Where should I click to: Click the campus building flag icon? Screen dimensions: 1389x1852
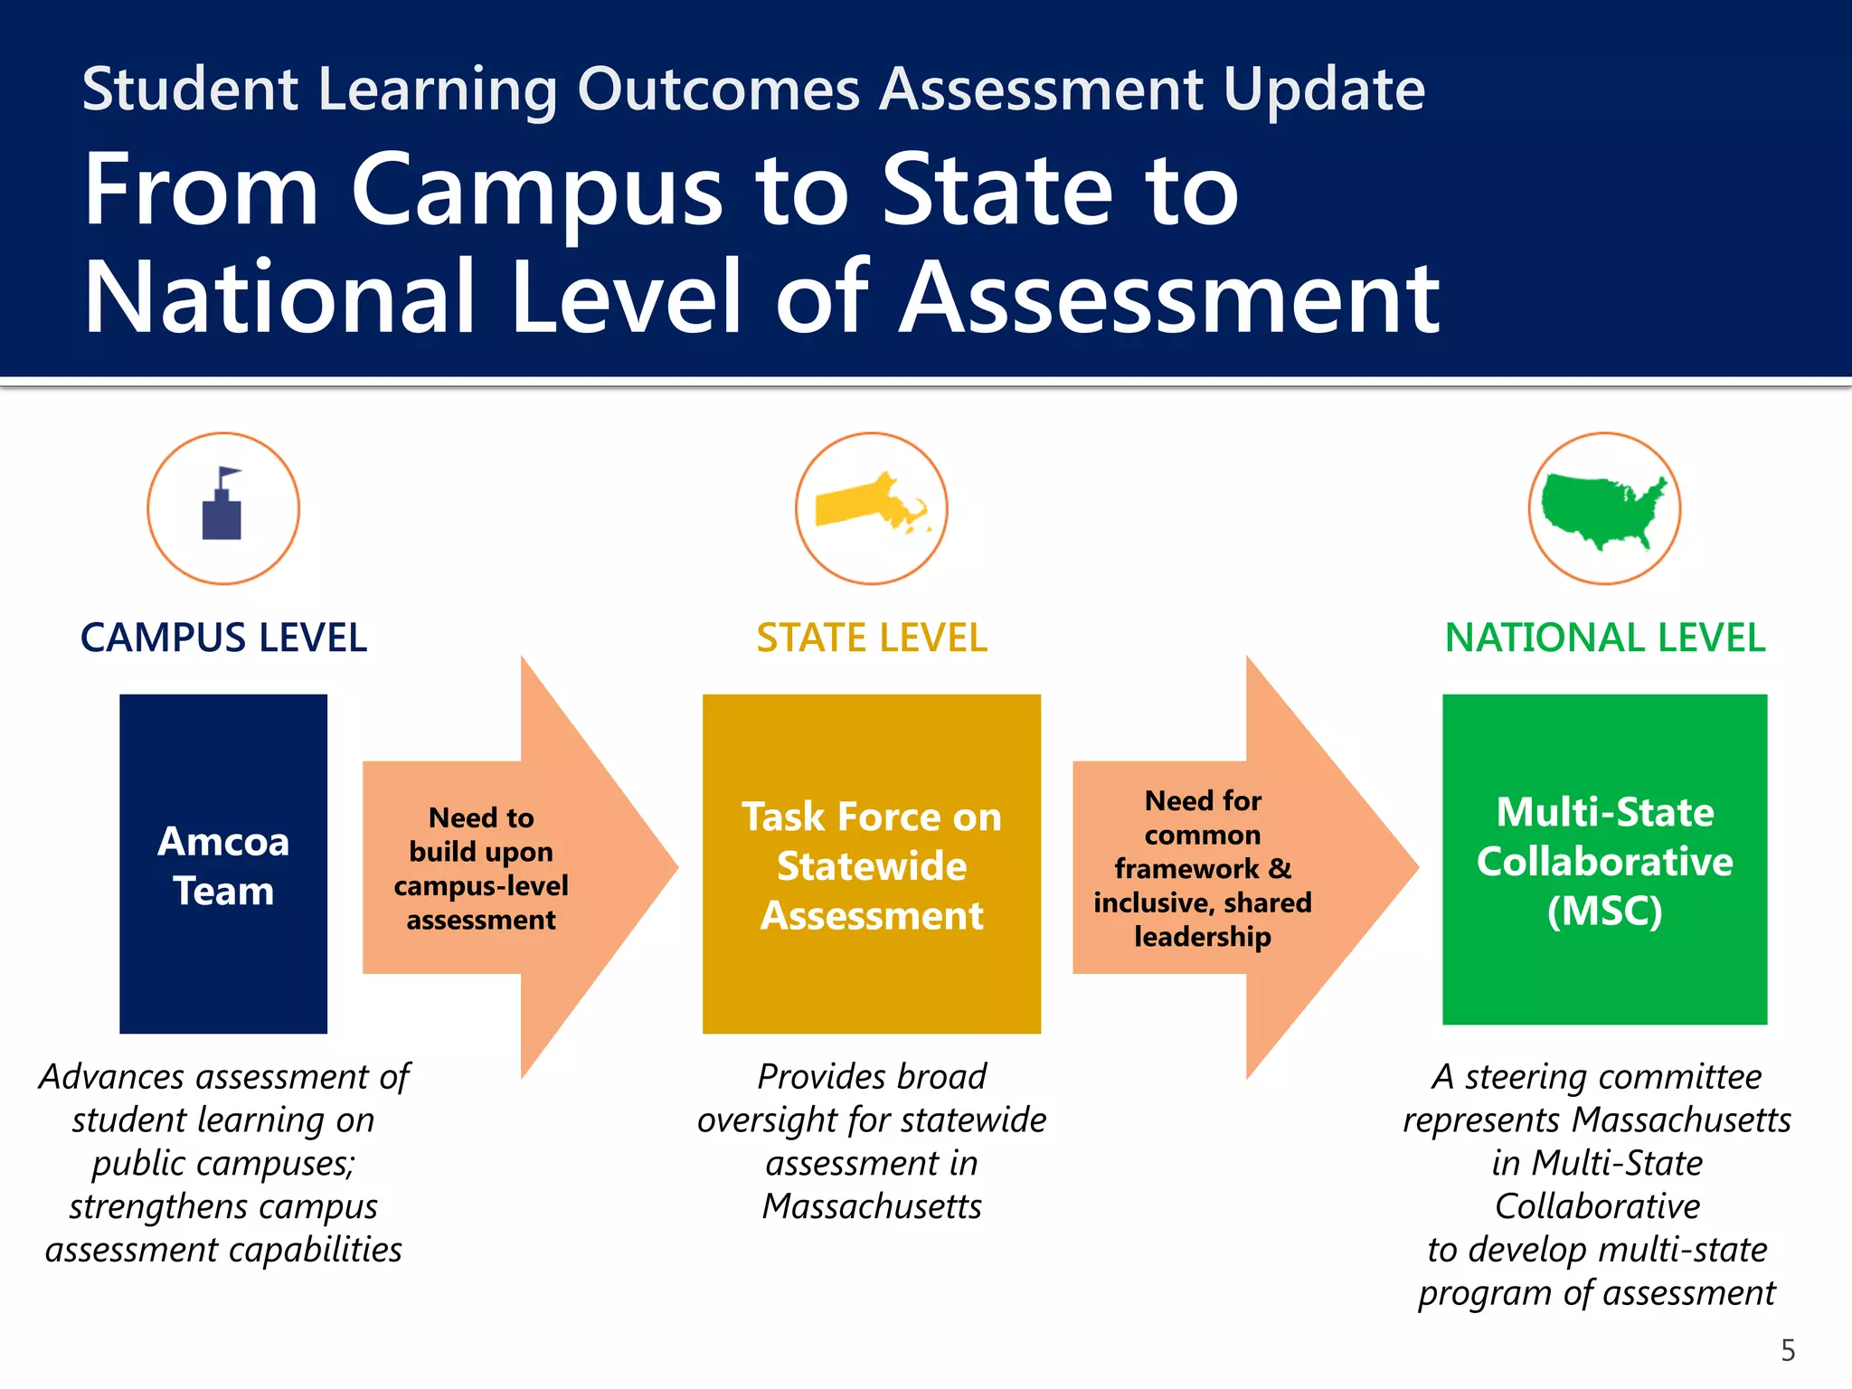tap(222, 506)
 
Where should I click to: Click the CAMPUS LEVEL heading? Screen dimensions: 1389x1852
tap(223, 638)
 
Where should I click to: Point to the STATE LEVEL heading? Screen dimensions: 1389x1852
tap(872, 638)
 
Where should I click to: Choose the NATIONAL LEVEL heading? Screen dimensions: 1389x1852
tap(1604, 638)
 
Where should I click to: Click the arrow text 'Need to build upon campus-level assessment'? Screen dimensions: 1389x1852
tap(481, 869)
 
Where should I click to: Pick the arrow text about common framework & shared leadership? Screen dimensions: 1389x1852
tap(1203, 869)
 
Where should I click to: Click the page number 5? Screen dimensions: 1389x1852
tap(1788, 1350)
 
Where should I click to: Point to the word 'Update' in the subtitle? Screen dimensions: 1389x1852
tap(1324, 90)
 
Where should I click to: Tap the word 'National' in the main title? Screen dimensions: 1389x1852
tap(280, 298)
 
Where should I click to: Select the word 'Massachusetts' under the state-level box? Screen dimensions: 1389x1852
tap(872, 1207)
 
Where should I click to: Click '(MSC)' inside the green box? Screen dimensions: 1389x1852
tap(1604, 912)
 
